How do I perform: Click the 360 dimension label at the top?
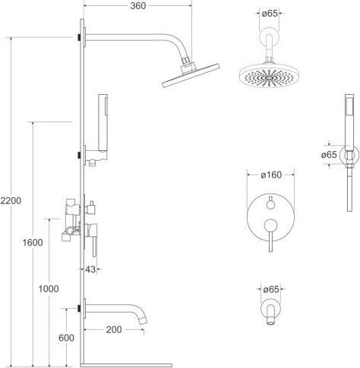138,6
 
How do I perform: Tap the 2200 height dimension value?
11,201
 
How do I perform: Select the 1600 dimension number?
33,243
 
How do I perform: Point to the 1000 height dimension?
49,289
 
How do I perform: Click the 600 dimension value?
66,338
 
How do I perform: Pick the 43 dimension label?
90,269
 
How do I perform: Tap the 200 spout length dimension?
114,330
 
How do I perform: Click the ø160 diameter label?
271,175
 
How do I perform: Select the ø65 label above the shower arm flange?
270,14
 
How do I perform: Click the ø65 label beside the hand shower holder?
329,155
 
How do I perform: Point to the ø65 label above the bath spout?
271,289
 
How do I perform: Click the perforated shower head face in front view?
269,76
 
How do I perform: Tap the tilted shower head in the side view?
191,76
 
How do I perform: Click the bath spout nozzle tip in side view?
144,321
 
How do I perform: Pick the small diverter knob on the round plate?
270,204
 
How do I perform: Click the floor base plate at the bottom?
126,366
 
